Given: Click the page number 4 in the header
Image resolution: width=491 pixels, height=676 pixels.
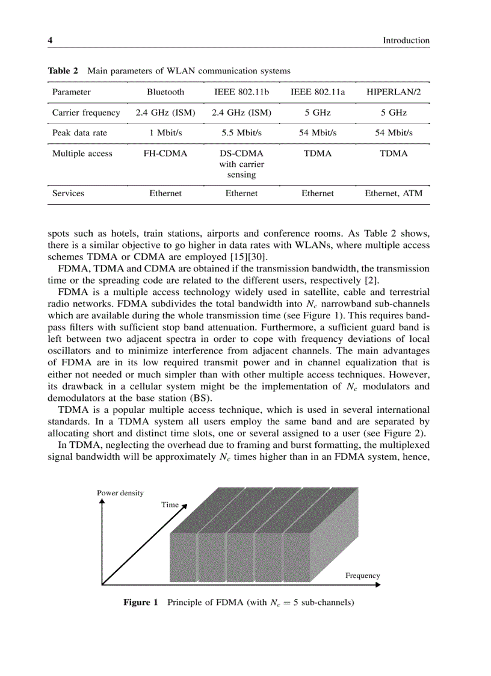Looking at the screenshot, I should click(x=51, y=40).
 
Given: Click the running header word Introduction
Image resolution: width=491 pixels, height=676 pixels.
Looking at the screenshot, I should click(x=406, y=40).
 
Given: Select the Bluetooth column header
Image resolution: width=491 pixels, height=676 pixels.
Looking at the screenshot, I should click(x=165, y=92).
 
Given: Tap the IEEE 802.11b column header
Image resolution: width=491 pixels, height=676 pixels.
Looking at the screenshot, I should click(x=241, y=92).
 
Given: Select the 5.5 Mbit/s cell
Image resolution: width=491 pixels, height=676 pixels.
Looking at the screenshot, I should click(x=241, y=133).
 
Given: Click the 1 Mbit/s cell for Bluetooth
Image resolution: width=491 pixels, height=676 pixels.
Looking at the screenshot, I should click(x=165, y=133).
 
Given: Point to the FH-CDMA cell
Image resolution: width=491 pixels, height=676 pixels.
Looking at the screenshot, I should click(x=165, y=153).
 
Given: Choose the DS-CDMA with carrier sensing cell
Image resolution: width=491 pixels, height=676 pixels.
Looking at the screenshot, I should click(x=241, y=164).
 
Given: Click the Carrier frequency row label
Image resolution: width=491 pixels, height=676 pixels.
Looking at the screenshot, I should click(x=86, y=113).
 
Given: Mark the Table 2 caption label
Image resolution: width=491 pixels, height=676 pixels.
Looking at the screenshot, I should click(x=63, y=71).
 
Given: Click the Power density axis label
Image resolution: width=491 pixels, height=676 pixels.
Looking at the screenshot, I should click(x=120, y=492).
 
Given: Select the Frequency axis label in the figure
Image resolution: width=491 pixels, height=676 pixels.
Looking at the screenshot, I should click(x=362, y=575).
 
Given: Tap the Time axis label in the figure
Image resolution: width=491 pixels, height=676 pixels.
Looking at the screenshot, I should click(x=170, y=504).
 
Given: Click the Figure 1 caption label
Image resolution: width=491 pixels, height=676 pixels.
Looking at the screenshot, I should click(x=140, y=602).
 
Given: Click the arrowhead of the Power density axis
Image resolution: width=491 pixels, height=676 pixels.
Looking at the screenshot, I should click(x=102, y=501).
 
